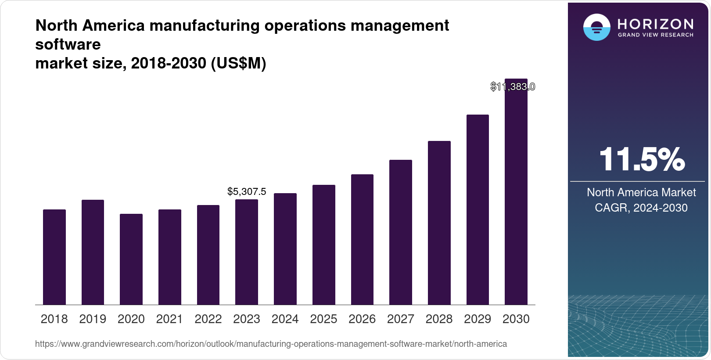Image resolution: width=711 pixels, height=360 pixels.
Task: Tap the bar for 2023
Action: [247, 252]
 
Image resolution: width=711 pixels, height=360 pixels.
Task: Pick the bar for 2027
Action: [401, 232]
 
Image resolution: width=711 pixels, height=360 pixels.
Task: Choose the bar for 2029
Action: [478, 209]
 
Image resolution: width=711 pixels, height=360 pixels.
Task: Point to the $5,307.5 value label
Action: [247, 191]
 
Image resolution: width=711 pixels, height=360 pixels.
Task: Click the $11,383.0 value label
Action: [513, 86]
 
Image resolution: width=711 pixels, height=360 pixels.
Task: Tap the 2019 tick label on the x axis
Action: [93, 319]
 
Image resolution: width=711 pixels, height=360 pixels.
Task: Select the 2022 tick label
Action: [208, 319]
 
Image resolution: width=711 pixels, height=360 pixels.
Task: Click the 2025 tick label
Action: [323, 319]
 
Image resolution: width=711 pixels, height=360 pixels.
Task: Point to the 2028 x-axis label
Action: [439, 319]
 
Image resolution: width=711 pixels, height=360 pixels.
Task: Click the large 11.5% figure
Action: [642, 159]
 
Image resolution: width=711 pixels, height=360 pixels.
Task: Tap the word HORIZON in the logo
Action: [655, 24]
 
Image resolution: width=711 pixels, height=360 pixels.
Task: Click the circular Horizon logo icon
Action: [596, 27]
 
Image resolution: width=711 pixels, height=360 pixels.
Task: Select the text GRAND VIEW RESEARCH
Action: [655, 35]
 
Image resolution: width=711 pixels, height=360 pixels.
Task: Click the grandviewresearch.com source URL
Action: [271, 344]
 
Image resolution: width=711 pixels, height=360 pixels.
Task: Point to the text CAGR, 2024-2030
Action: [641, 208]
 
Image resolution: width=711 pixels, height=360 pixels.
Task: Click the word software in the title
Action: [68, 44]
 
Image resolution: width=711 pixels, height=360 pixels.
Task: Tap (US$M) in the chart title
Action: [238, 63]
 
